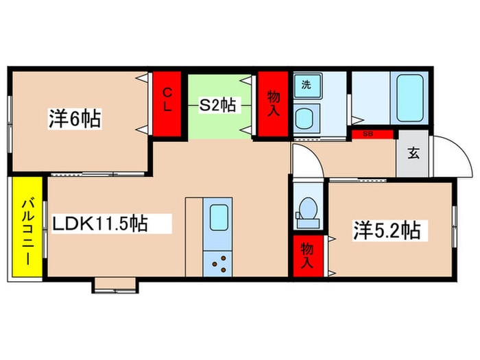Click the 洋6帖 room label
(75, 119)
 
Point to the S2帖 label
(217, 106)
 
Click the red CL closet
(167, 104)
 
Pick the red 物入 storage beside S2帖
(273, 104)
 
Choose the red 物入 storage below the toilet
(308, 256)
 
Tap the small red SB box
(372, 134)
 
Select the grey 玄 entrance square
(412, 154)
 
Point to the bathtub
(410, 97)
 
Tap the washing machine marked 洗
(308, 86)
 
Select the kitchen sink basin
(219, 217)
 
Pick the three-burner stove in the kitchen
(217, 263)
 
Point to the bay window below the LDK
(115, 285)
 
